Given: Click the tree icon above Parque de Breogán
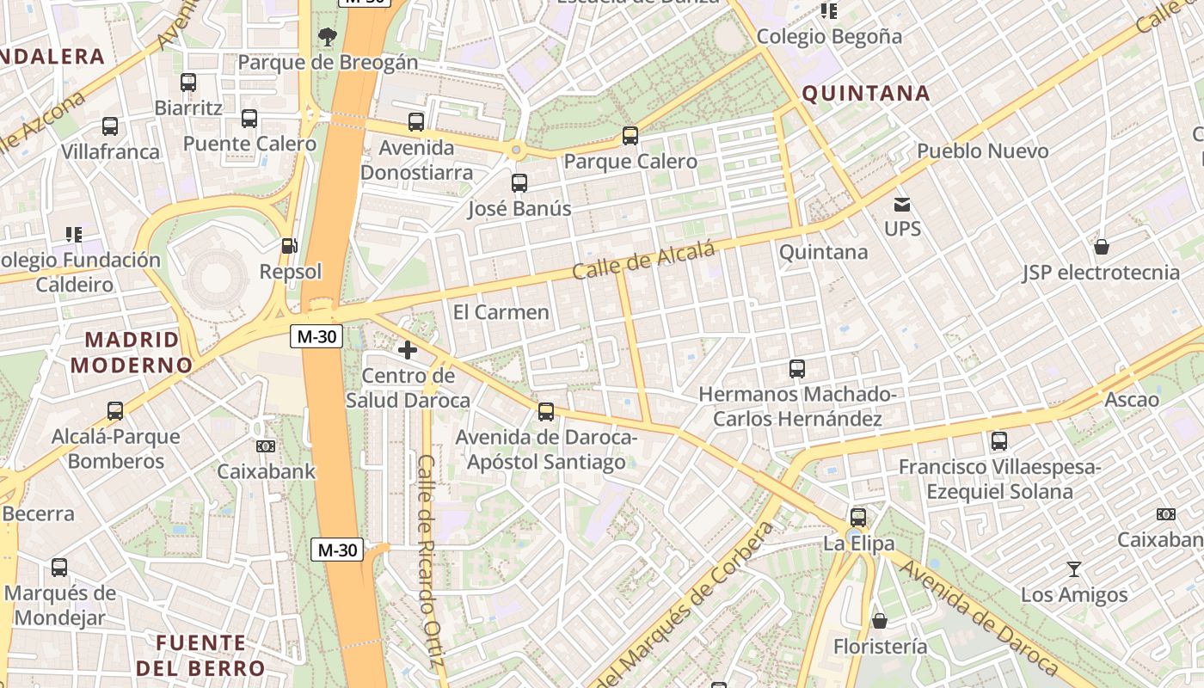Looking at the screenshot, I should tap(327, 36).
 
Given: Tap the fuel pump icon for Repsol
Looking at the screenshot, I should tap(290, 246).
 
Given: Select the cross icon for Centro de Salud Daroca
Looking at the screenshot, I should tap(408, 350).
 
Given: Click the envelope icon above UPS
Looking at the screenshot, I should tap(902, 204).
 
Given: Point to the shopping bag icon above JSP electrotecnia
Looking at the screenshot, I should tap(1101, 248).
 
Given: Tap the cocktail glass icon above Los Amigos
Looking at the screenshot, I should tap(1073, 568).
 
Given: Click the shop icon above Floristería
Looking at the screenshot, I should tap(879, 621).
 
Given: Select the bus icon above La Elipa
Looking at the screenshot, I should tap(857, 518).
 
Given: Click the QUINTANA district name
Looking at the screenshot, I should tap(866, 94).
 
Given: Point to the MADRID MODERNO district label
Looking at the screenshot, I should tap(132, 352).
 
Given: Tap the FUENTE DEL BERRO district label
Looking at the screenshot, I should tap(200, 655).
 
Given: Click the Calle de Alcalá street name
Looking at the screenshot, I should tap(643, 261).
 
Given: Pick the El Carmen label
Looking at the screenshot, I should tap(501, 312).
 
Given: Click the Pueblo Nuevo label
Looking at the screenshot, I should tap(982, 151).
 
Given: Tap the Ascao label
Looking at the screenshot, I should tap(1131, 400).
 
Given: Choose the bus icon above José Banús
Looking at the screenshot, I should tap(519, 183).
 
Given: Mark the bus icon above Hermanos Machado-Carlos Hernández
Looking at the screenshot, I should tap(796, 369).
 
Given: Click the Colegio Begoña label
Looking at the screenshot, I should tap(829, 37).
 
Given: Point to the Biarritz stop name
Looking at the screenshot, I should tap(188, 108).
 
